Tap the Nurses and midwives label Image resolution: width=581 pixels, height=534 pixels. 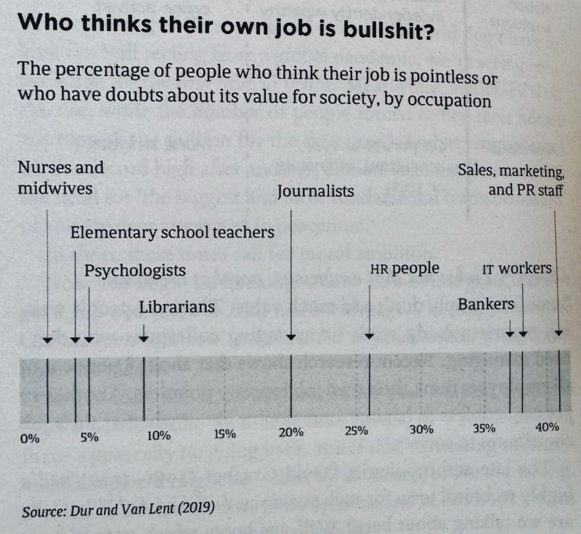tap(60, 178)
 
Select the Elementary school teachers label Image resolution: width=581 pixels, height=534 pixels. tap(172, 232)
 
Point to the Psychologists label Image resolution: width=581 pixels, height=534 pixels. tap(134, 271)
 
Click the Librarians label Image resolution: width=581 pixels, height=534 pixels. tap(177, 307)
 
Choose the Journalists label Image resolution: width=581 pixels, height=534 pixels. tap(316, 192)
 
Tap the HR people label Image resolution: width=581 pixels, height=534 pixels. tap(405, 269)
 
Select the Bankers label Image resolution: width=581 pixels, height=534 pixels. tap(486, 304)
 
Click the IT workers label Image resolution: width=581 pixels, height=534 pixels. tap(517, 269)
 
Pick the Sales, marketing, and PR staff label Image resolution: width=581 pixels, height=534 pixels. tap(512, 182)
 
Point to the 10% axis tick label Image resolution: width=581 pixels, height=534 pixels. tap(158, 436)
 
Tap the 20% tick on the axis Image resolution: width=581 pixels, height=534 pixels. tap(290, 433)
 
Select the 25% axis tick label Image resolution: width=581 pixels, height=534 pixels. tap(355, 431)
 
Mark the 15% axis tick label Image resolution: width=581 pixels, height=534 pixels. tap(225, 435)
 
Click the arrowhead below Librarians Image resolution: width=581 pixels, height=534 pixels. tap(144, 337)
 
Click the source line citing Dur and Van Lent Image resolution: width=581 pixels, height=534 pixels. tap(118, 509)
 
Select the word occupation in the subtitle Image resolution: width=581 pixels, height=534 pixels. tap(429, 100)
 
